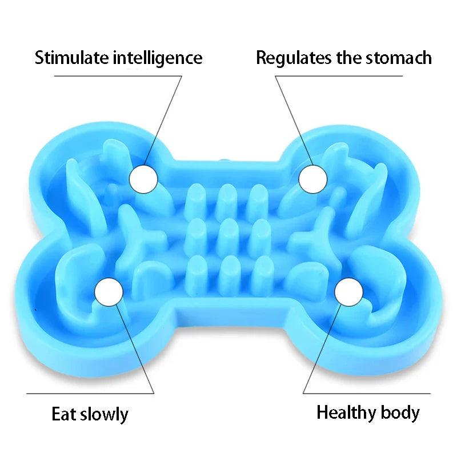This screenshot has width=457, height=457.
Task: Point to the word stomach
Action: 398,58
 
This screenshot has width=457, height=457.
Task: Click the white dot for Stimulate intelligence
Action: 143,179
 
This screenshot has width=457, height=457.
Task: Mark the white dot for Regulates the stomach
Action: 314,179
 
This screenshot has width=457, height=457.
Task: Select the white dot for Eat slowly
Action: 109,292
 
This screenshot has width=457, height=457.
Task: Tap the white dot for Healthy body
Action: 349,292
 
